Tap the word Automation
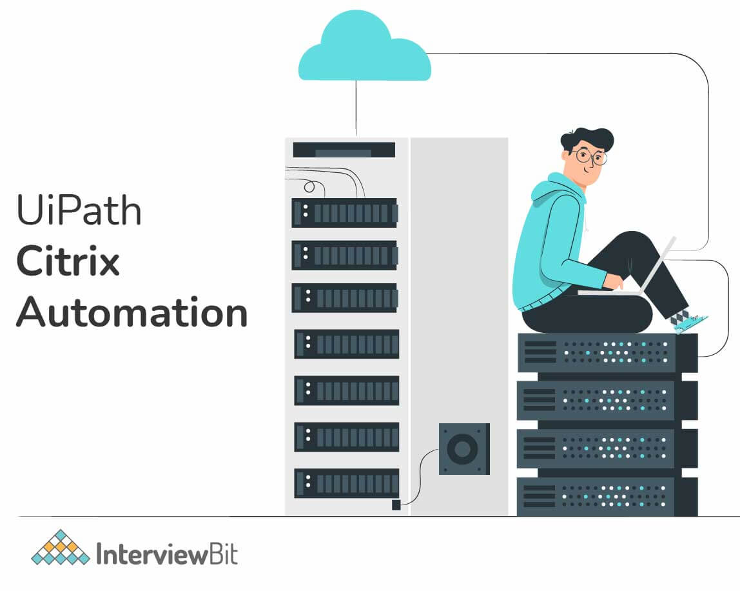pos(131,312)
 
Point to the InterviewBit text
pos(166,554)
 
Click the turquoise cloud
pos(364,52)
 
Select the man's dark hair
pos(587,137)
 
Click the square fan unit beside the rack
pos(464,449)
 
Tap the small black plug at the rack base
pos(396,505)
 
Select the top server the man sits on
pos(607,353)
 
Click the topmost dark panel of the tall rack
pos(344,150)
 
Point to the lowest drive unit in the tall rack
pos(346,483)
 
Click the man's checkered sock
pos(678,317)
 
